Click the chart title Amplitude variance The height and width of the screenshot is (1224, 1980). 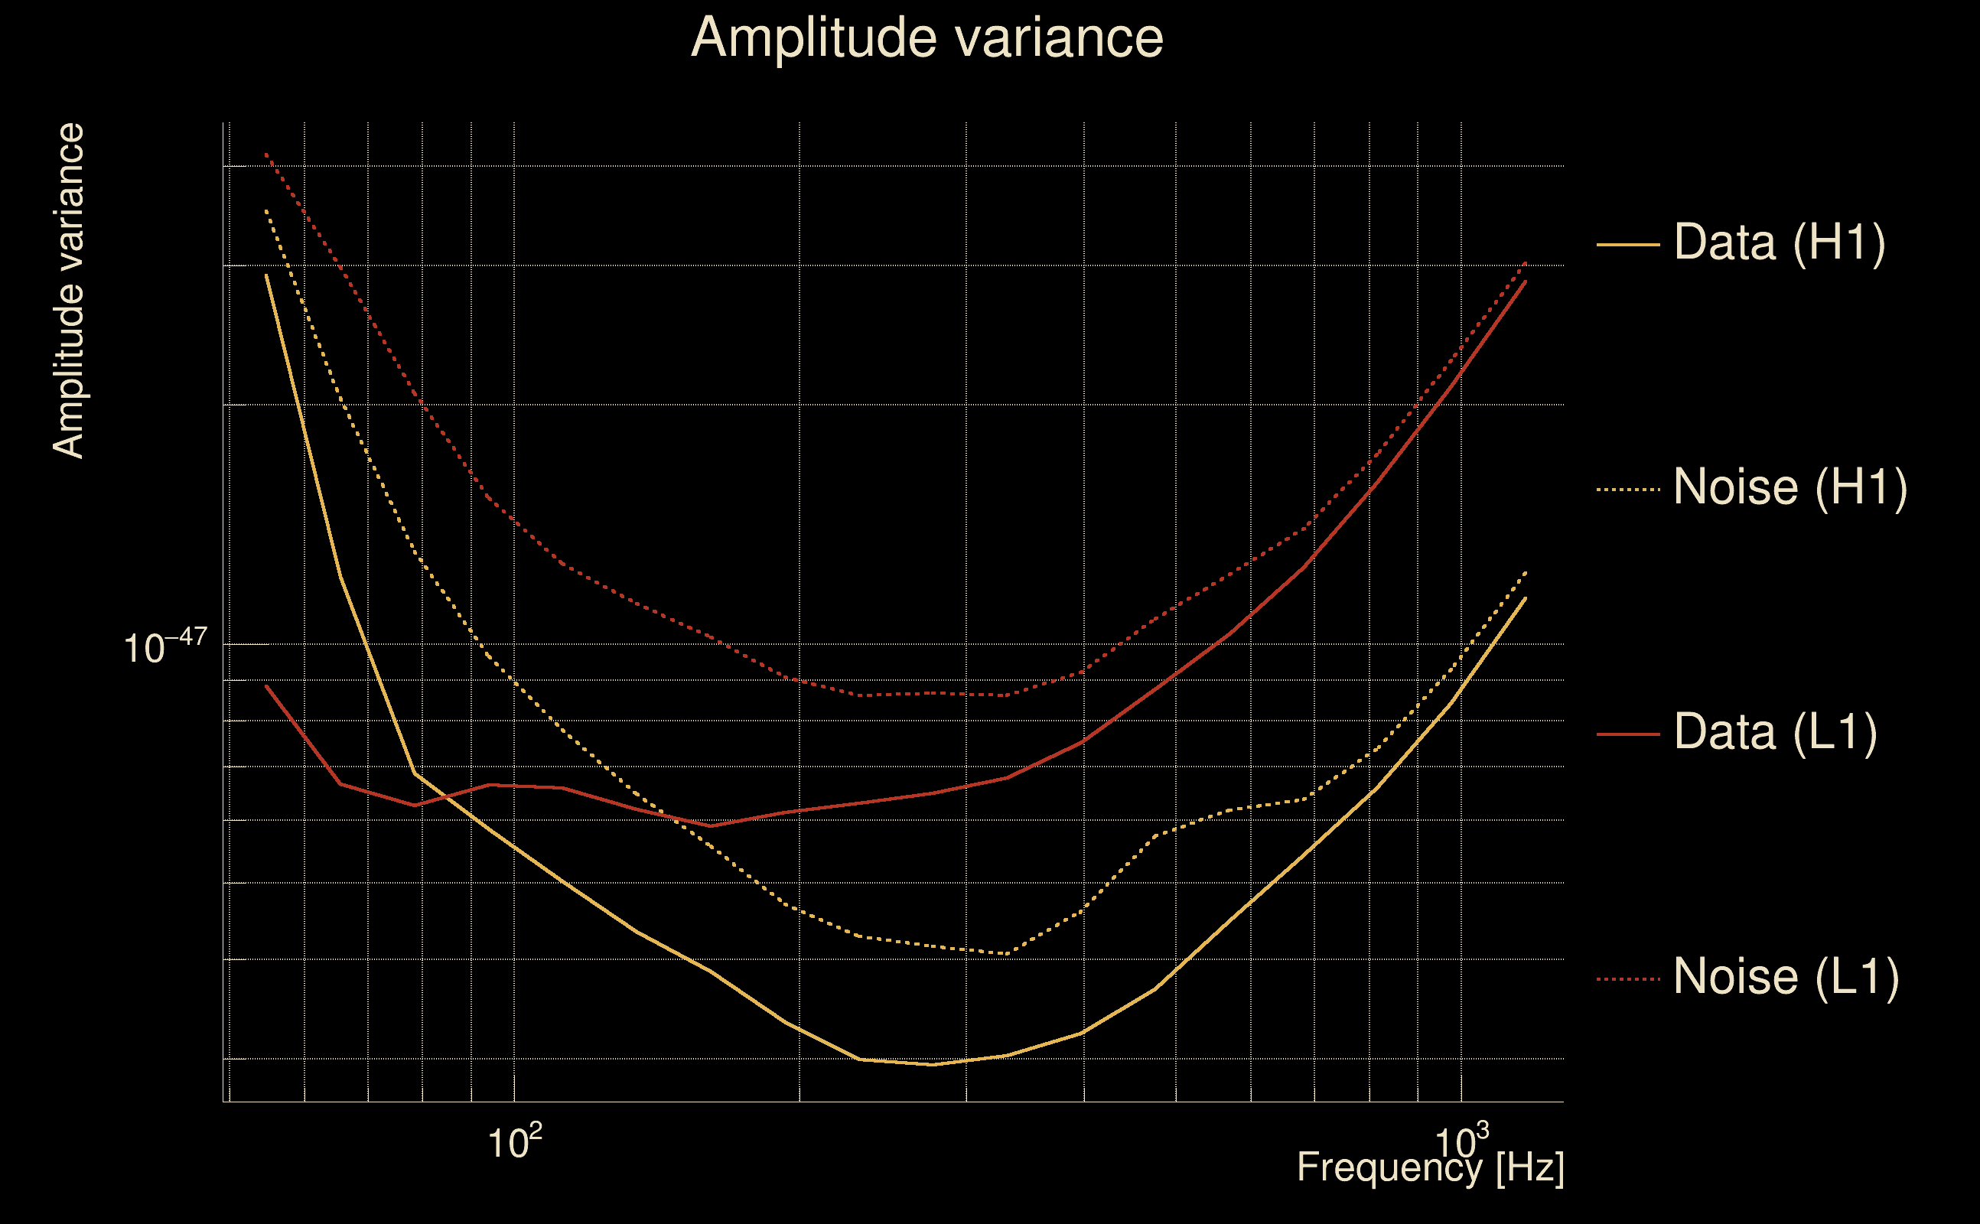coord(926,38)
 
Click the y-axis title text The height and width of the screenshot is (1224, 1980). coord(69,291)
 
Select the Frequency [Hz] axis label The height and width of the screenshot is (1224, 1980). coord(1430,1168)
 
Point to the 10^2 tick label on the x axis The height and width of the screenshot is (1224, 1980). coord(514,1142)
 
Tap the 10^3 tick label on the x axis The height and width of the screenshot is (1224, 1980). coord(1461,1142)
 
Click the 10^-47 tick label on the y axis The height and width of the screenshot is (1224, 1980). coord(165,647)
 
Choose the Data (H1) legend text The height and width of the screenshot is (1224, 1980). coord(1780,242)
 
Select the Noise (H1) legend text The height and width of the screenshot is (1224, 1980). coord(1789,487)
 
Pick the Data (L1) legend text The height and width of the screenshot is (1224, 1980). coord(1775,733)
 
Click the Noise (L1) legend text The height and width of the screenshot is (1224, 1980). coord(1786,977)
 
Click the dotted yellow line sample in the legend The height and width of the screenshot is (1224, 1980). coord(1628,489)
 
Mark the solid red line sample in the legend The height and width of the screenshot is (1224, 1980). coord(1628,734)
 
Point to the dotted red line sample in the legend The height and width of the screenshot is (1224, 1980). coord(1628,979)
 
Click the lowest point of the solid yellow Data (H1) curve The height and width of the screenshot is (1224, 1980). coord(933,1065)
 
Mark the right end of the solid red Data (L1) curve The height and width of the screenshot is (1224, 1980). coord(1526,282)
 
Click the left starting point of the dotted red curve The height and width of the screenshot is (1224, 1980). coord(266,154)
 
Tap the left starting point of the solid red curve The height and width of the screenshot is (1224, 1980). coord(266,685)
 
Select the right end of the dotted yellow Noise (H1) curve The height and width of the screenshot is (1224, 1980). coord(1526,572)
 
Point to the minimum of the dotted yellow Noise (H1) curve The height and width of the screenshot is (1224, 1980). coord(1006,954)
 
